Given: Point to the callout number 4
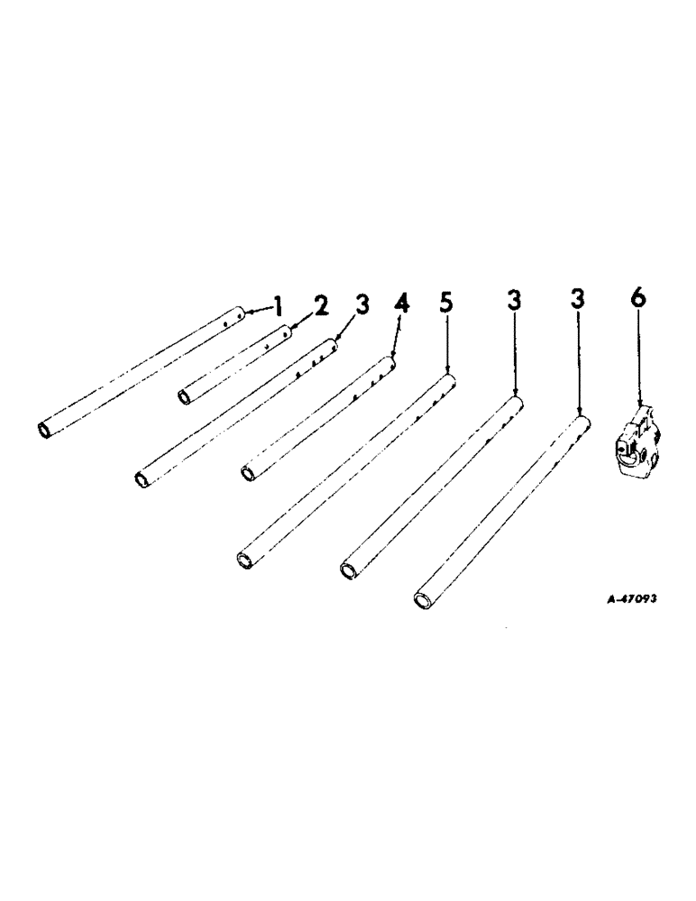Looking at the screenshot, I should coord(402,304).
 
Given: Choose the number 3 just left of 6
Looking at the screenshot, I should coord(578,299).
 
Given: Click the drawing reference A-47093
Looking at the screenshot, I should coord(619,598).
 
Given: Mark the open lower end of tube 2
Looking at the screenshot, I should coord(184,397).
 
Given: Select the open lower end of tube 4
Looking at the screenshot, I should coord(248,472).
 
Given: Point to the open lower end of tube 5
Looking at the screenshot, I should coord(243,560).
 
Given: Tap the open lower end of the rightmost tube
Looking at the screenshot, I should coord(421,600).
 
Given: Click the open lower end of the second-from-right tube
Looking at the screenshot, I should coord(348,569).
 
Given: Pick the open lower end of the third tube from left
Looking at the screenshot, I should coord(142,479).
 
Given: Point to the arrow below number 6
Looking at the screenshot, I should coord(638,360).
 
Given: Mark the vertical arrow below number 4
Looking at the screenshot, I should coord(398,338).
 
